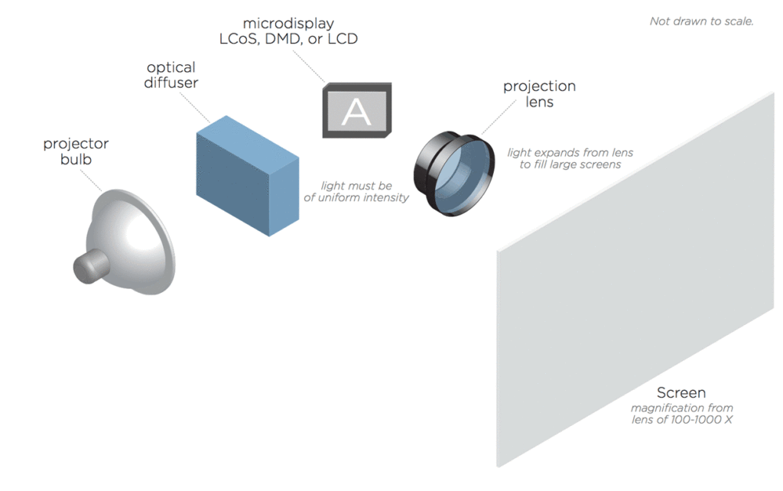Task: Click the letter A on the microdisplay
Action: [356, 112]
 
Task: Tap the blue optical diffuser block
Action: [248, 176]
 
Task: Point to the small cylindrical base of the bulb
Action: [91, 266]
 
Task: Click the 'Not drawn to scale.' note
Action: [701, 21]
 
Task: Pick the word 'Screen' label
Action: [681, 392]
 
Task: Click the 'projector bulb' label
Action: [76, 151]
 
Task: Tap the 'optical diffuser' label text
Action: [171, 75]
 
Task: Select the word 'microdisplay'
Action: [288, 24]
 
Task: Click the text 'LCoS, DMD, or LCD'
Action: [288, 39]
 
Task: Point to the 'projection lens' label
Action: [539, 94]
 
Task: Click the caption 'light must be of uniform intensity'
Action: [356, 192]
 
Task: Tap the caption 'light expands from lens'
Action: [570, 152]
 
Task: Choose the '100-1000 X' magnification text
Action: [702, 420]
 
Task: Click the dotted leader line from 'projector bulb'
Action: [91, 180]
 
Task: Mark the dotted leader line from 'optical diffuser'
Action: [194, 107]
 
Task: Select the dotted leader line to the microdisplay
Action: [309, 66]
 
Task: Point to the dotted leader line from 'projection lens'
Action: [499, 117]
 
